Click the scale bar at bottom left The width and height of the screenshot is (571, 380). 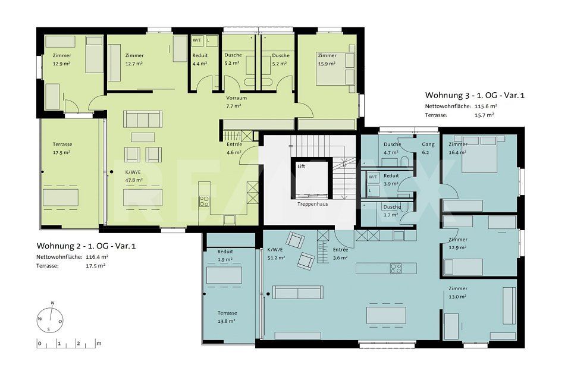(68, 344)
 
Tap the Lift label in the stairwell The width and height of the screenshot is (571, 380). (301, 167)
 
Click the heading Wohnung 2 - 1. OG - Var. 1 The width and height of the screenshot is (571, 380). (86, 245)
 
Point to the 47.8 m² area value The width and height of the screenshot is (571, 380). (133, 179)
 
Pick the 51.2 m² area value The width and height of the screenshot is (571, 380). (275, 258)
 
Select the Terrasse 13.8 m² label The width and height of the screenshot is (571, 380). (227, 316)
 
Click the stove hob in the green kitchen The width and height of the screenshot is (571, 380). (204, 200)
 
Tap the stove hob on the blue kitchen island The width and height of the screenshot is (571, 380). (396, 268)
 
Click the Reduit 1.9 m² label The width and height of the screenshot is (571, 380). (225, 255)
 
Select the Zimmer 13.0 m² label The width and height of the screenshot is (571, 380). (457, 291)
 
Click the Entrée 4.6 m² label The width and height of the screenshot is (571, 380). (234, 148)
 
